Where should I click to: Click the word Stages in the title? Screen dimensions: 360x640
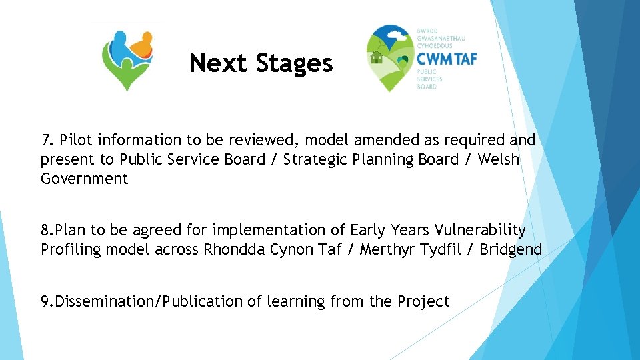(294, 64)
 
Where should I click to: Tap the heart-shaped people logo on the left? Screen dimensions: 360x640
(127, 59)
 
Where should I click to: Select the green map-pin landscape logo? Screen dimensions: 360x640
(391, 59)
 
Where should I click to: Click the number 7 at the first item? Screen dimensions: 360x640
(46, 140)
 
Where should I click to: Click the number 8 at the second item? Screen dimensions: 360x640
(45, 230)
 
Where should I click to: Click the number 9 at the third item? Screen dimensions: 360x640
(45, 301)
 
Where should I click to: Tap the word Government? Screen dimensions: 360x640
(84, 179)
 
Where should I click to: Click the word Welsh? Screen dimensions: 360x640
(499, 159)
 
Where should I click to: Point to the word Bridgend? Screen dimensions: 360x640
(511, 249)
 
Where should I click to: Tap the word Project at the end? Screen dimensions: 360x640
(423, 301)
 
